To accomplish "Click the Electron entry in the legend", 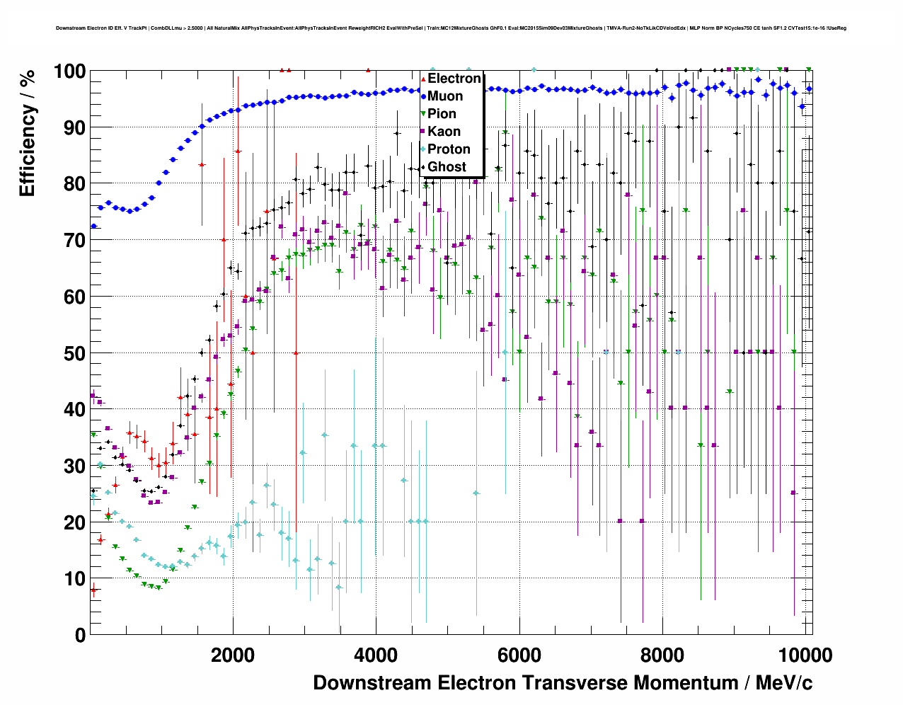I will pyautogui.click(x=454, y=79).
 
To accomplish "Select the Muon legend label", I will pyautogui.click(x=445, y=96).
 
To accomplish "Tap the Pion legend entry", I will pyautogui.click(x=442, y=114).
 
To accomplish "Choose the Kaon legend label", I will pyautogui.click(x=444, y=132).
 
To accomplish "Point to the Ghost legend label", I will pyautogui.click(x=447, y=167).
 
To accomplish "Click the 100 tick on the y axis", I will pyautogui.click(x=69, y=71).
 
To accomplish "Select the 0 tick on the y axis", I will pyautogui.click(x=80, y=635).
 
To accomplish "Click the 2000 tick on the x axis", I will pyautogui.click(x=233, y=655).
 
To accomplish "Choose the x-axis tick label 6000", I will pyautogui.click(x=519, y=655).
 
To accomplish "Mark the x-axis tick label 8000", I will pyautogui.click(x=662, y=655).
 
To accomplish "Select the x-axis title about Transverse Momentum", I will pyautogui.click(x=563, y=683).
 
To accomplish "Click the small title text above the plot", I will pyautogui.click(x=451, y=28).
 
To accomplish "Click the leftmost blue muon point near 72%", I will pyautogui.click(x=93, y=227).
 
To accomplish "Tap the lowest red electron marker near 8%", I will pyautogui.click(x=93, y=590).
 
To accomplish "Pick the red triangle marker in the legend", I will pyautogui.click(x=423, y=79).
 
